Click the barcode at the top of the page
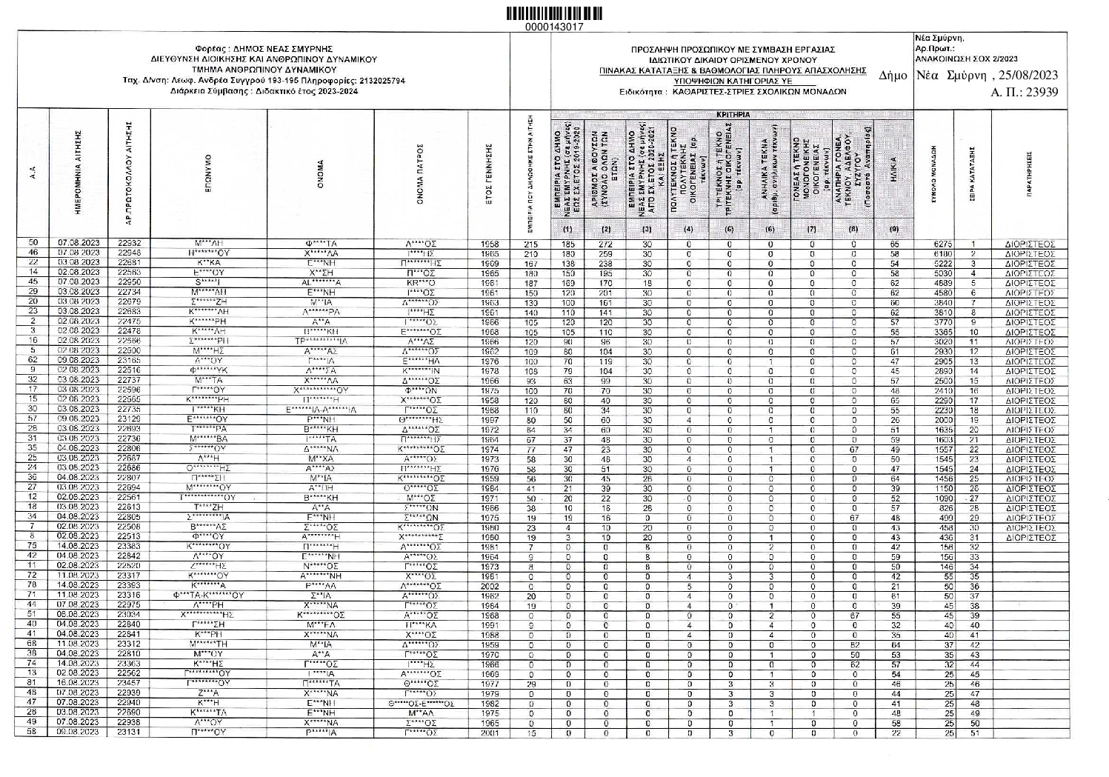coord(553,13)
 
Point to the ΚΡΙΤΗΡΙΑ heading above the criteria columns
coord(733,115)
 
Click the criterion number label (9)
coord(893,230)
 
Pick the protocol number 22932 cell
coord(129,243)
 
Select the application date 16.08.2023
coord(79,682)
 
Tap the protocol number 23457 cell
coord(129,682)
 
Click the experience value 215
coord(530,244)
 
